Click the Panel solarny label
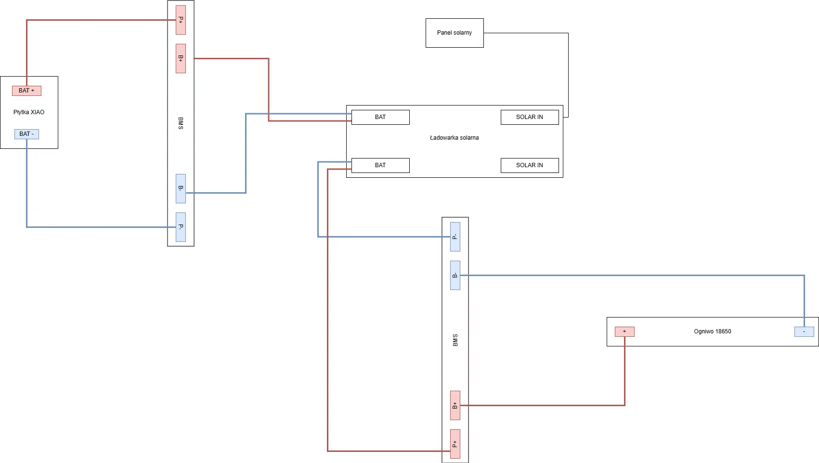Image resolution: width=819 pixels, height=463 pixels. click(454, 33)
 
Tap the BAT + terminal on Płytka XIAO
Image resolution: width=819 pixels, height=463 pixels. click(26, 91)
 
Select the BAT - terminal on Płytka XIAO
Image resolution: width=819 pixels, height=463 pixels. click(26, 134)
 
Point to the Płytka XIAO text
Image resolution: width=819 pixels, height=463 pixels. click(29, 112)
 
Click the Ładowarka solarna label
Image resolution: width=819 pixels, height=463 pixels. click(454, 138)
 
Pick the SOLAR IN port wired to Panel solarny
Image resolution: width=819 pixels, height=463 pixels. click(530, 117)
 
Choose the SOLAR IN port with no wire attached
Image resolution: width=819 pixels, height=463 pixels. click(530, 165)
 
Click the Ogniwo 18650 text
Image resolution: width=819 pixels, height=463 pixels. click(712, 331)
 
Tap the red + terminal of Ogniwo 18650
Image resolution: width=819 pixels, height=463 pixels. click(624, 331)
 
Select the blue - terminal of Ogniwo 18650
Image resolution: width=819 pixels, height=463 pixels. click(804, 331)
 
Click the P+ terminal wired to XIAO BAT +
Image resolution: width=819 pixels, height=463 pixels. click(181, 20)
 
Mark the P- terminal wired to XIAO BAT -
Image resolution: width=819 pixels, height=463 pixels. click(181, 227)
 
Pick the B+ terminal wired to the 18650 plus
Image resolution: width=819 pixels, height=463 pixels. click(455, 405)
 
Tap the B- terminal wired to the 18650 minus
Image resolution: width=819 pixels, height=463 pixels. click(455, 275)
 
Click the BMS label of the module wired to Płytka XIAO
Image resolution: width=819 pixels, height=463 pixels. click(181, 123)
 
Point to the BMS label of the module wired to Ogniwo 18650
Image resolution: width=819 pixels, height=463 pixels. click(455, 340)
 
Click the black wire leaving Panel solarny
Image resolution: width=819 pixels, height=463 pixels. click(568, 72)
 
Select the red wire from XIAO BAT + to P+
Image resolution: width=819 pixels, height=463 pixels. click(96, 20)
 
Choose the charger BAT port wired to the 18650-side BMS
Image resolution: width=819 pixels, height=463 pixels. click(380, 165)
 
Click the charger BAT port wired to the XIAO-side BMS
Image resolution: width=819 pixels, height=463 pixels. click(380, 117)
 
